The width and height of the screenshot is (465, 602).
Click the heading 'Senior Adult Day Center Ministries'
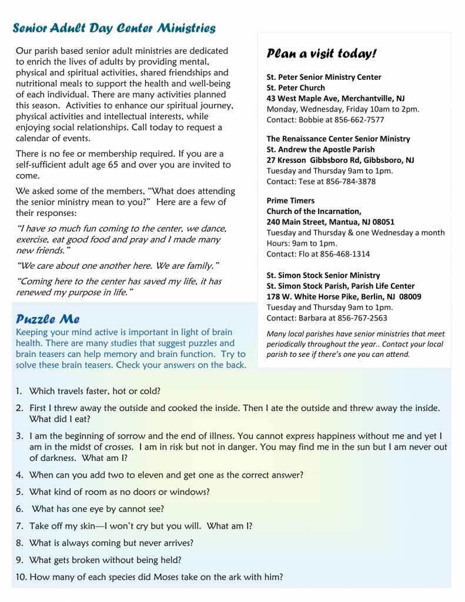point(114,28)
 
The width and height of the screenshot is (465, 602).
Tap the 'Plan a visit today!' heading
point(321,54)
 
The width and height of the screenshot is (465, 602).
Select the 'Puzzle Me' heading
point(48,319)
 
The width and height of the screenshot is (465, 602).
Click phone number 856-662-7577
point(357,120)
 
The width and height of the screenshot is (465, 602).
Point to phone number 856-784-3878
point(350,182)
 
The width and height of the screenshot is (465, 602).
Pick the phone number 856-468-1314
point(344,254)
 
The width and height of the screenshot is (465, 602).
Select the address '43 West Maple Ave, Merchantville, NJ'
point(335,98)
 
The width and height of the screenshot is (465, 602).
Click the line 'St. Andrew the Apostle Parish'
point(320,149)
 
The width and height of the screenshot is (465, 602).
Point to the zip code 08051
point(382,222)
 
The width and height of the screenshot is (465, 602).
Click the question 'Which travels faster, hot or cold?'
point(95,391)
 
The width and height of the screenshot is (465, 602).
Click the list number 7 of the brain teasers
point(19,526)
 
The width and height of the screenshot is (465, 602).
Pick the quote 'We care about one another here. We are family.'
point(118,266)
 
